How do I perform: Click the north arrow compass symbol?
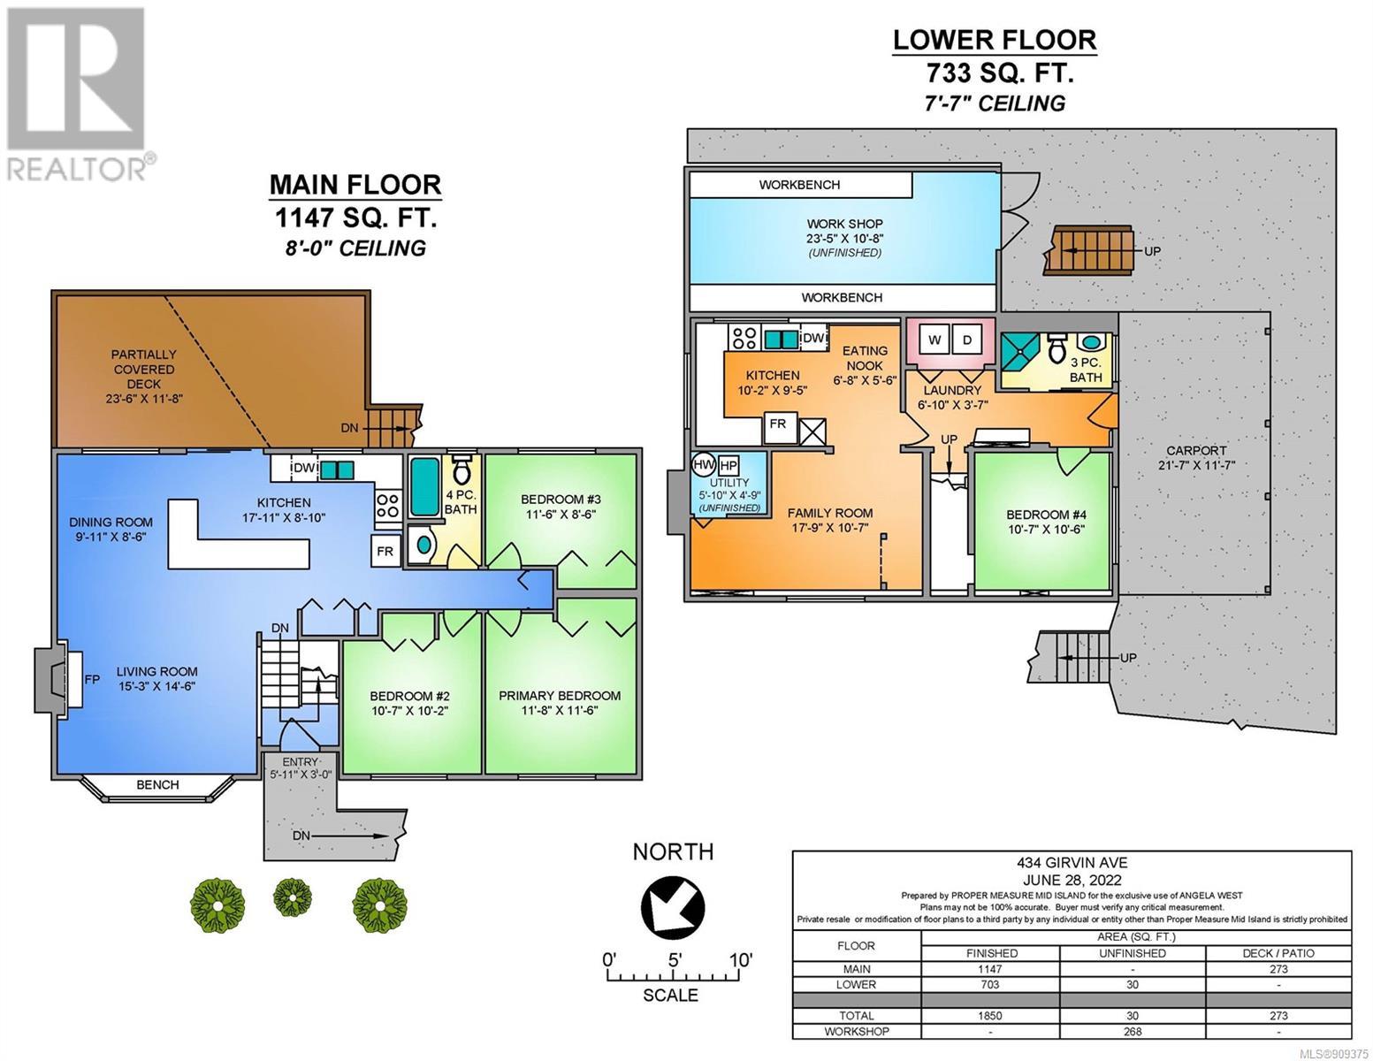click(x=672, y=905)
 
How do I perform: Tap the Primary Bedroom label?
click(x=559, y=696)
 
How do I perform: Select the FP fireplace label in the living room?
click(x=92, y=679)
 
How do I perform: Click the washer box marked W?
click(x=934, y=340)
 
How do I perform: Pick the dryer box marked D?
click(x=966, y=340)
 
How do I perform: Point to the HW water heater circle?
click(x=703, y=465)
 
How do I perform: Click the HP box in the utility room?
click(x=728, y=466)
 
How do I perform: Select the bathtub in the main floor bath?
click(x=424, y=486)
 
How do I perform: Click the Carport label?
click(x=1196, y=451)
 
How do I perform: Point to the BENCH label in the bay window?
click(x=157, y=785)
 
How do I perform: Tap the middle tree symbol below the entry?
click(x=292, y=897)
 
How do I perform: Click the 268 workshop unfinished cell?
click(x=1132, y=1031)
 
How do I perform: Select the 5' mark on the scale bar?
click(x=675, y=960)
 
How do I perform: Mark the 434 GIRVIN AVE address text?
click(x=1072, y=862)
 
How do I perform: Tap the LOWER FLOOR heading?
click(x=994, y=40)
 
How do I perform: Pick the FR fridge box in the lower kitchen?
click(x=778, y=424)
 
